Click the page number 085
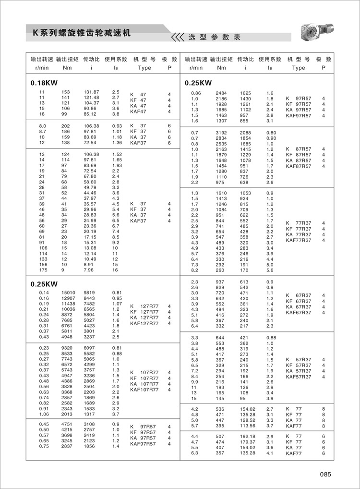point(325,475)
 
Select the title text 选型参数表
point(214,37)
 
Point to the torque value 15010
point(66,293)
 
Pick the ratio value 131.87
point(91,92)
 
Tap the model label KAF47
point(138,111)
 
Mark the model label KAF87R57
point(298,166)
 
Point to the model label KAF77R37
point(298,240)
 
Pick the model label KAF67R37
point(298,312)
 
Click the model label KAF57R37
point(298,377)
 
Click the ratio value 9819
point(90,293)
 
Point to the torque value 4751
point(66,424)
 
